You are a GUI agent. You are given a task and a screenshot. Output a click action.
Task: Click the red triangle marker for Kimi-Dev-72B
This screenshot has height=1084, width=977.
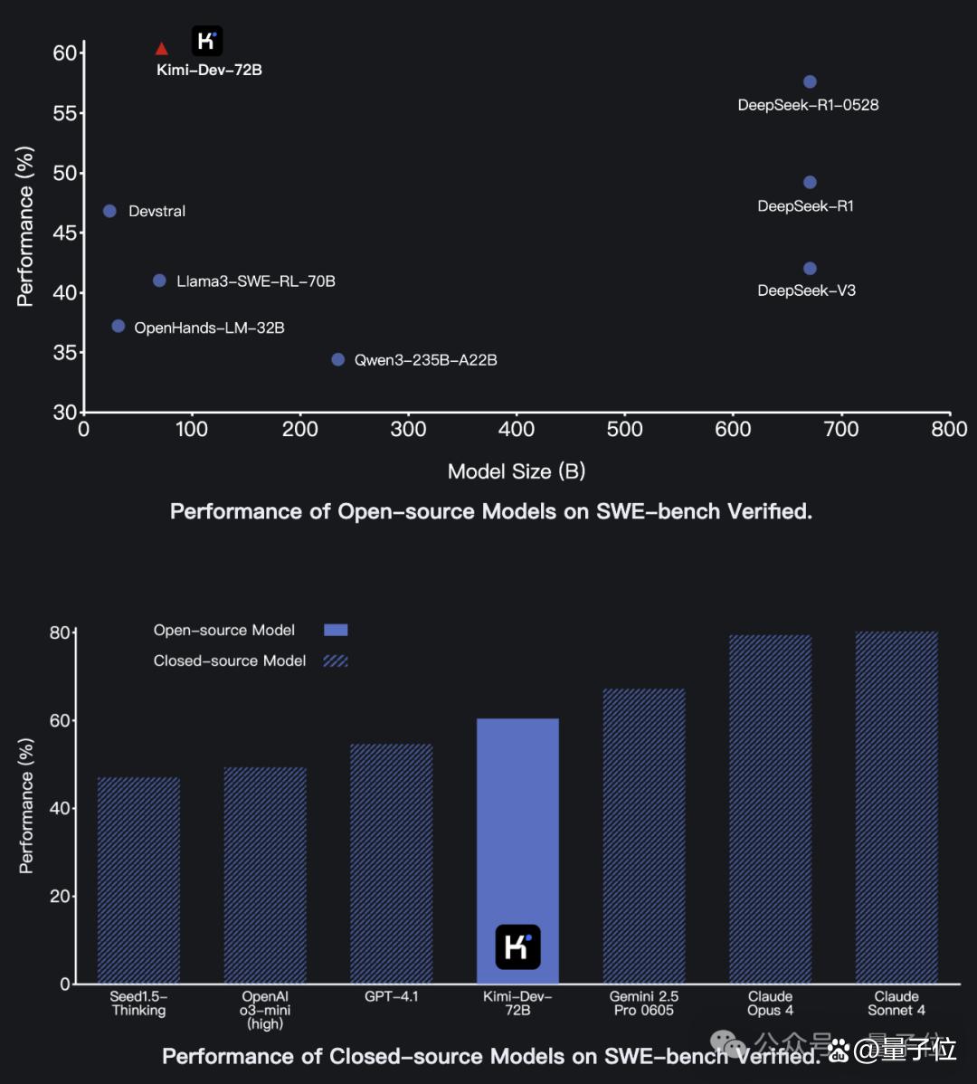(x=162, y=48)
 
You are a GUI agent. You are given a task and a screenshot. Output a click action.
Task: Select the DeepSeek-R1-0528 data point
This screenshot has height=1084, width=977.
(x=810, y=81)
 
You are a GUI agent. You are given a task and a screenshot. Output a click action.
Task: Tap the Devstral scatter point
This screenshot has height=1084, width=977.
(x=109, y=211)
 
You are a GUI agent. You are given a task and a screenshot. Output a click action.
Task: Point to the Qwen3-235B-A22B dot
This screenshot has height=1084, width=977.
(x=337, y=359)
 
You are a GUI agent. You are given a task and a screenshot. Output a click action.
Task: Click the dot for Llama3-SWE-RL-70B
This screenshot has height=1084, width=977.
(x=159, y=281)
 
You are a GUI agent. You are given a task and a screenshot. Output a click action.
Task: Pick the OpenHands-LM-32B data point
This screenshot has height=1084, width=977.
(x=119, y=326)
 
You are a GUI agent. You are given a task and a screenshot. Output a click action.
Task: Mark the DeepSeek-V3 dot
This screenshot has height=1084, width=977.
(x=810, y=268)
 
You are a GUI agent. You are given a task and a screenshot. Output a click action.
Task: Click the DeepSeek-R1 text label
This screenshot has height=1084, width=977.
(x=806, y=206)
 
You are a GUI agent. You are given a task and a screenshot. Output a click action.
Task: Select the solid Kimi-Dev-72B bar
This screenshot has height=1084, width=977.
(x=517, y=851)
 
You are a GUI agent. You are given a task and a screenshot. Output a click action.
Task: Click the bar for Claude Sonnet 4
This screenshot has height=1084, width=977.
(x=896, y=807)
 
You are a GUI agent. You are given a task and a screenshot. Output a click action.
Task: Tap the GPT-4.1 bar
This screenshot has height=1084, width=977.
(x=391, y=863)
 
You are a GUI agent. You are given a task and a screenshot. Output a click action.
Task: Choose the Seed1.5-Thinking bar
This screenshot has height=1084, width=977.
(x=138, y=880)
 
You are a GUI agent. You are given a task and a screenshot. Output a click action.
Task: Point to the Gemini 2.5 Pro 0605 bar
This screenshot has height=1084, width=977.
(x=644, y=836)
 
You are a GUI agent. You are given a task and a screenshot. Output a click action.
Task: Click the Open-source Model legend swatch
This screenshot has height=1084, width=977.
(x=336, y=630)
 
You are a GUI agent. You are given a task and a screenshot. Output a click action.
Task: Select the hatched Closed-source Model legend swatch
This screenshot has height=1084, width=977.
(x=336, y=661)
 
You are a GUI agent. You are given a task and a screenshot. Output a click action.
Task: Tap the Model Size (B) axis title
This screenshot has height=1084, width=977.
(x=517, y=471)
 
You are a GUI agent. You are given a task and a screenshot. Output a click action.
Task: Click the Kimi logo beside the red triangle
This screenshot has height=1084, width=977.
(x=207, y=41)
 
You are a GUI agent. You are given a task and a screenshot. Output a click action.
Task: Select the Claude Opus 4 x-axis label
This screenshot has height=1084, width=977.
(x=771, y=1003)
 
